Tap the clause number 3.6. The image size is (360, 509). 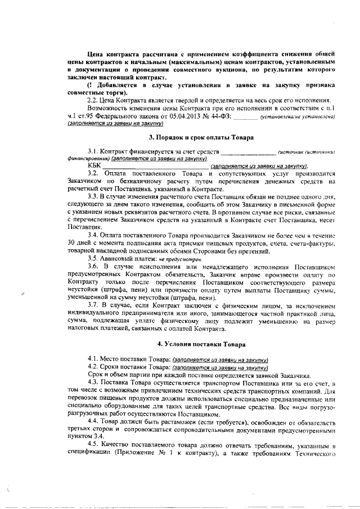coord(94,264)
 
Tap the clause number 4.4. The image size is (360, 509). coord(94,420)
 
